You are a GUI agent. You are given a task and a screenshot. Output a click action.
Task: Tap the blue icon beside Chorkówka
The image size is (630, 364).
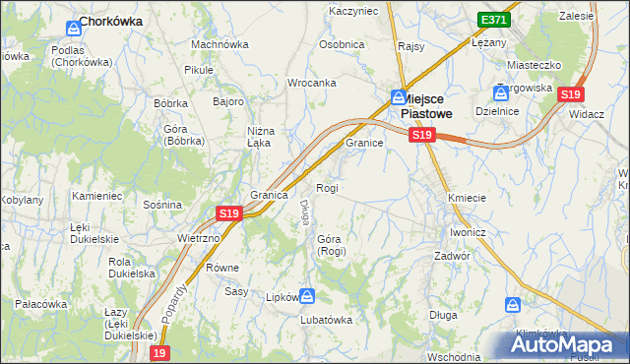click(x=73, y=30)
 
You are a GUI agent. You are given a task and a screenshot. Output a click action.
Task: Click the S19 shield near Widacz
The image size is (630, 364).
click(x=570, y=94)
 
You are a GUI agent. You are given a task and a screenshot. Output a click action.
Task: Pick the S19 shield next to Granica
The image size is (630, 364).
click(x=228, y=212)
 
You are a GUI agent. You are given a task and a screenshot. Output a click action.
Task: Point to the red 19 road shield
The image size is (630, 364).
click(x=160, y=352)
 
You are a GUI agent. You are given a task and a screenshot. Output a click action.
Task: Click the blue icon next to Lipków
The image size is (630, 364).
click(x=307, y=295)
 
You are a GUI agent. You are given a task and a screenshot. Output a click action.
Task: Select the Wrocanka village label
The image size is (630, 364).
click(x=312, y=84)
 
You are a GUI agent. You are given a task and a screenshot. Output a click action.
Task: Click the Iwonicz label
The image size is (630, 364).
click(x=468, y=232)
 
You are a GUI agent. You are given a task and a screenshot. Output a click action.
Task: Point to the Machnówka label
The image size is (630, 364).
click(x=220, y=44)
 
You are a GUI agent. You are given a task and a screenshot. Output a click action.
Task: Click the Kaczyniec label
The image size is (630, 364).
click(x=352, y=10)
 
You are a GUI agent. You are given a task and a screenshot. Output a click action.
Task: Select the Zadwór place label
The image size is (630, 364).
click(x=454, y=255)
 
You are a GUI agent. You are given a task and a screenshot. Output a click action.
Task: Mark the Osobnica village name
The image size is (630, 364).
click(x=342, y=44)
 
